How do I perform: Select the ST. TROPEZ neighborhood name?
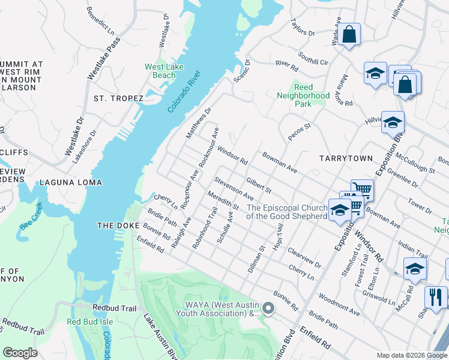(x=118, y=98)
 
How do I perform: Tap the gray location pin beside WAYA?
(x=268, y=308)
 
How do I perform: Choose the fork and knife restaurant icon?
(x=436, y=296)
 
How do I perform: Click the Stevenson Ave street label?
(x=234, y=188)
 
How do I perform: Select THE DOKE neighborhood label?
(x=118, y=226)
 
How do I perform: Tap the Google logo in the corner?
(x=20, y=352)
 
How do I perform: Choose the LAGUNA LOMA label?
(x=71, y=182)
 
